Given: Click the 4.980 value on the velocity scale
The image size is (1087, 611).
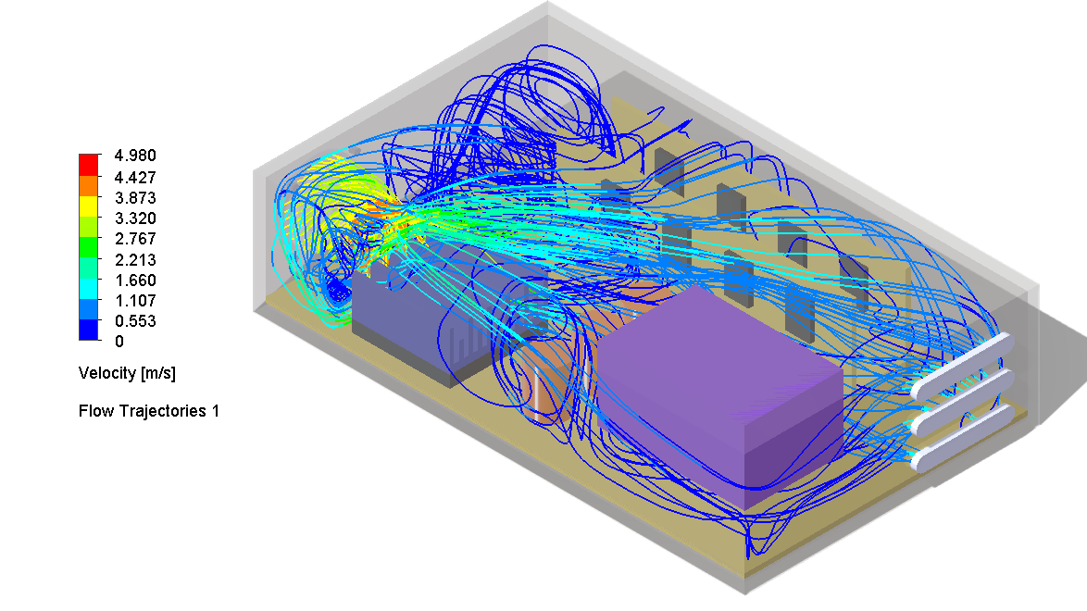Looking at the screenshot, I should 134,156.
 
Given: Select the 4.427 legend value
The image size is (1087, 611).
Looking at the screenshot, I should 134,177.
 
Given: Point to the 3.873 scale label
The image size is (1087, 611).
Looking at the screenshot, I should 134,198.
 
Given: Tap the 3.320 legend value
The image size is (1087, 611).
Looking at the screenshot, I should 134,218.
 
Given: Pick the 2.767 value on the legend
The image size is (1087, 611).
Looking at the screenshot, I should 134,239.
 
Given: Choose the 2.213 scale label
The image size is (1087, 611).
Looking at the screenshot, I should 134,260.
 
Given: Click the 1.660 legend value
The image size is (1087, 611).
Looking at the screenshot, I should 134,281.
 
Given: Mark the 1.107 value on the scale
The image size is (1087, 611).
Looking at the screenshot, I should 134,301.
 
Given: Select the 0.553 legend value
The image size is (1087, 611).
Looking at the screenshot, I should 134,322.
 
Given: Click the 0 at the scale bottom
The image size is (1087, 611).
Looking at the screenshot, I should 118,343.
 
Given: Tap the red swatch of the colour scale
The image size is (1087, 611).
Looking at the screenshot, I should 89,164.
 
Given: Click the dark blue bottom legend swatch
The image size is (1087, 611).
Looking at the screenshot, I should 89,330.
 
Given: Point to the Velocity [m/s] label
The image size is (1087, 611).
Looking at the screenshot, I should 127,374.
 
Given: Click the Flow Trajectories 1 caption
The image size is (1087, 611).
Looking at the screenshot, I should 149,411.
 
